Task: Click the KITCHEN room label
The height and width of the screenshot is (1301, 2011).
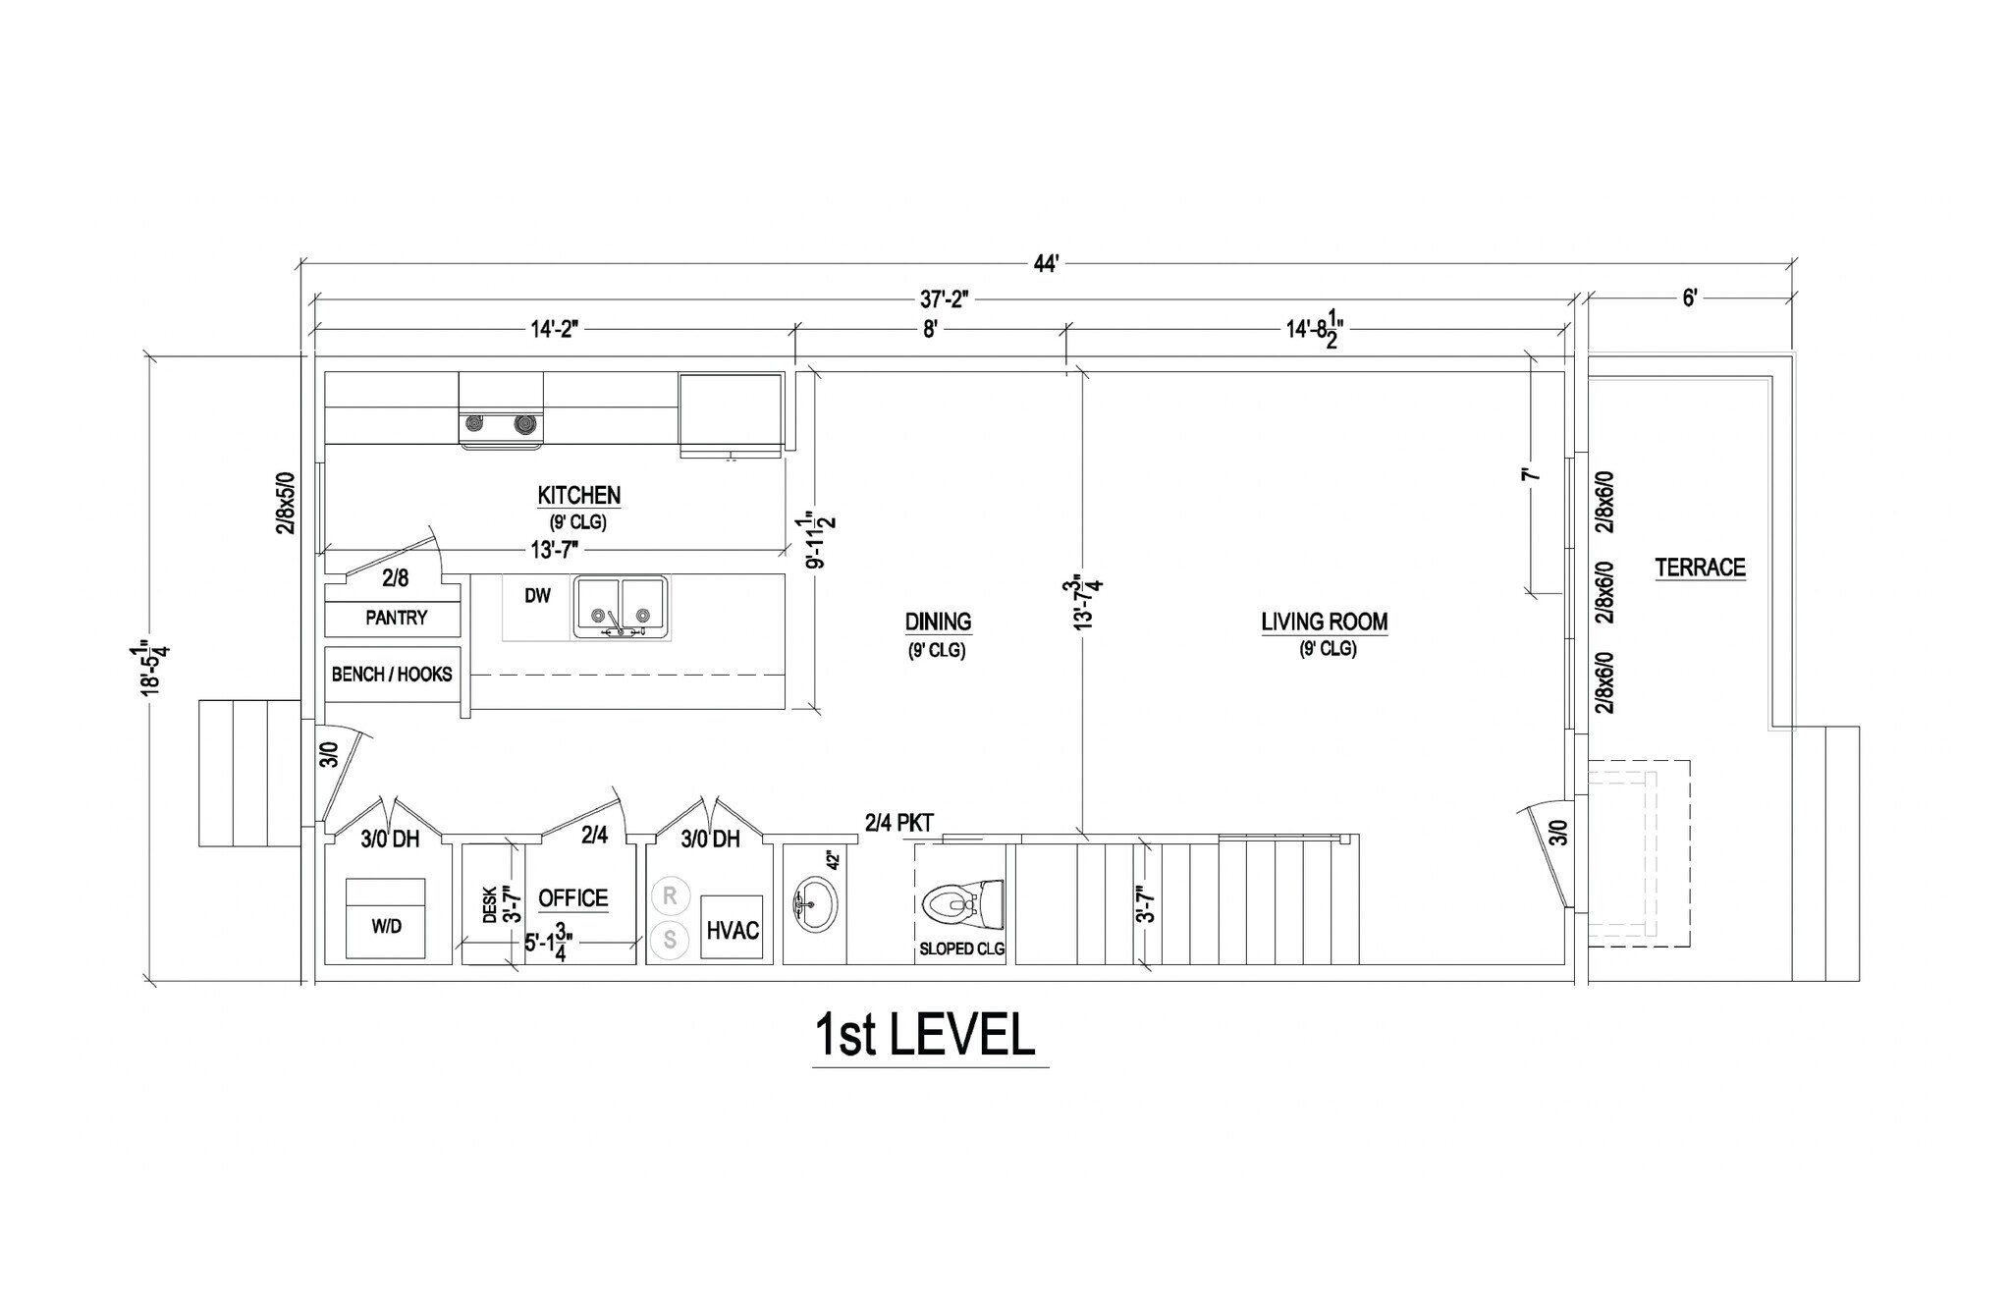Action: [x=578, y=496]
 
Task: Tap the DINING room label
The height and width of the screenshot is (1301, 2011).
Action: [x=938, y=622]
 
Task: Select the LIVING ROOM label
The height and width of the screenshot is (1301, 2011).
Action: [x=1324, y=622]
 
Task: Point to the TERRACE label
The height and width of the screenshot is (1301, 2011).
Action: [x=1700, y=568]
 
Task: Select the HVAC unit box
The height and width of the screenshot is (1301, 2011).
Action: [x=733, y=929]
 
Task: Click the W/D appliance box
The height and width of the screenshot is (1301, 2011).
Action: [x=386, y=918]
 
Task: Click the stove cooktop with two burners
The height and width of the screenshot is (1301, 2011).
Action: [x=501, y=424]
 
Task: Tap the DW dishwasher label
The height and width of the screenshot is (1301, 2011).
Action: [x=537, y=595]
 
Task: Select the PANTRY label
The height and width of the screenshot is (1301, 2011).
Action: [x=396, y=618]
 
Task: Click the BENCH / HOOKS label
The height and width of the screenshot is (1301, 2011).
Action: [x=392, y=675]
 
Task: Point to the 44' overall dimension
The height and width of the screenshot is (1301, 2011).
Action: [x=1046, y=263]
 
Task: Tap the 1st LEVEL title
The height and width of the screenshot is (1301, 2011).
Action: [x=925, y=1035]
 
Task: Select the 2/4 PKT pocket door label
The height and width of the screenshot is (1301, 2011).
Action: [x=898, y=822]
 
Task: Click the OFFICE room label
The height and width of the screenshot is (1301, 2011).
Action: [x=572, y=898]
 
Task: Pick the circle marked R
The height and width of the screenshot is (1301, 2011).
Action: [x=670, y=895]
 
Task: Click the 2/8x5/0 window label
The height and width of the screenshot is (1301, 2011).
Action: [x=285, y=501]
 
